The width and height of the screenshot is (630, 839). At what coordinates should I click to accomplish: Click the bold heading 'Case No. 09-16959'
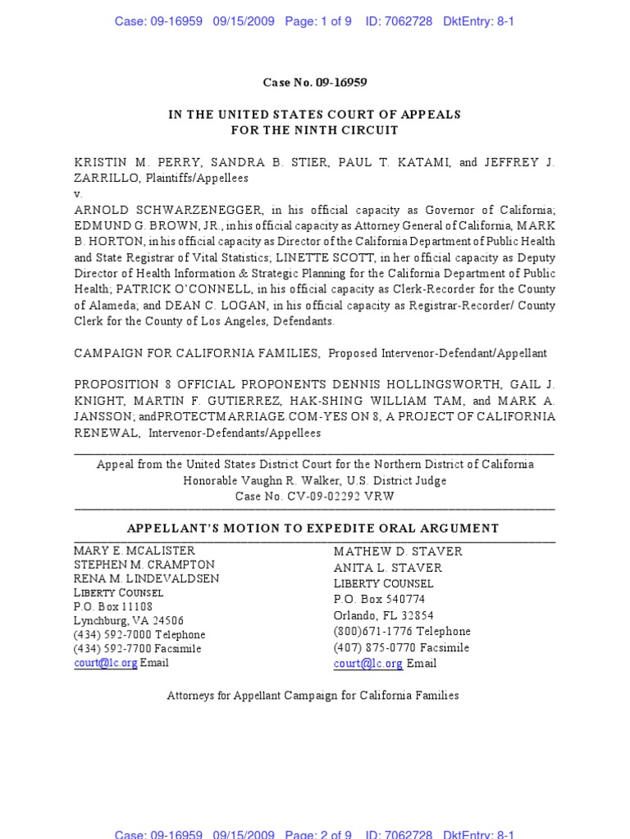(x=314, y=82)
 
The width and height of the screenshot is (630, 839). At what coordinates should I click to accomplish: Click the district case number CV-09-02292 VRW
(x=338, y=497)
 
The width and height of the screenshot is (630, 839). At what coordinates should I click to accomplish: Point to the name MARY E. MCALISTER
(x=135, y=551)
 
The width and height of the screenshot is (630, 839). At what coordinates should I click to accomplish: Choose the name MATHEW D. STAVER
(x=398, y=551)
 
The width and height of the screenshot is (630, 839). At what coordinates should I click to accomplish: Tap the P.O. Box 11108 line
(x=113, y=607)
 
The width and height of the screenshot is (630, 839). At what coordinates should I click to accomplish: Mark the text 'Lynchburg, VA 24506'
(x=129, y=621)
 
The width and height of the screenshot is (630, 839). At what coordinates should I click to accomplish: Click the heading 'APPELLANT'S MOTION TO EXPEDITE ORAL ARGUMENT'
(x=313, y=528)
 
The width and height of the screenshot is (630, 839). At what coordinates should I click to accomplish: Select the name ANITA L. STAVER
(x=388, y=568)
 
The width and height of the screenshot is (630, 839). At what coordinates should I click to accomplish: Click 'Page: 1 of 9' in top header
(x=318, y=21)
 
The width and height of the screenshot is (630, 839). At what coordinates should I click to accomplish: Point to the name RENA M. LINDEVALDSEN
(x=147, y=579)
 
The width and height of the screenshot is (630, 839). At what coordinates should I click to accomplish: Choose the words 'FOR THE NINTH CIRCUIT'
(x=314, y=130)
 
